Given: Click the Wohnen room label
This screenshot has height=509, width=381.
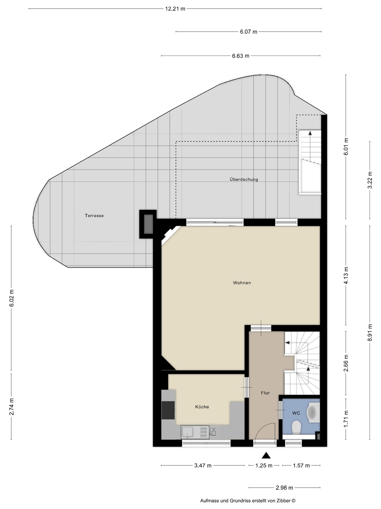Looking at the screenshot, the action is point(242,283).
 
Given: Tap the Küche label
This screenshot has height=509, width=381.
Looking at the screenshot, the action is point(202,407).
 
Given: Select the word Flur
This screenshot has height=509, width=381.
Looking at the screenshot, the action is point(265,393).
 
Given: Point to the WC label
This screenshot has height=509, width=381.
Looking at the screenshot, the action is point(296,413).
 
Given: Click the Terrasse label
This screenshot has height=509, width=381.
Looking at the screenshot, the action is point(94,215).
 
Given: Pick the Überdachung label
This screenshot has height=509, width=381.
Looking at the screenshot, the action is point(244,179).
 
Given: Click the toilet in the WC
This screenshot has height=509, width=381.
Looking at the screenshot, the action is point(296,427).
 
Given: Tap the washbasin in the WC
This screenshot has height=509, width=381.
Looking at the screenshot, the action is point(313,412).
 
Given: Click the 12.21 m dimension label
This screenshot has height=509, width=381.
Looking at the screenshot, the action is point(175,9).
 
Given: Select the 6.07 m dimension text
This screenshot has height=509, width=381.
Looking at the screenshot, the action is point(248,32).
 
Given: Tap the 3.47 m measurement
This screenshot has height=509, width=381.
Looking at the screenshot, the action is point(203,465).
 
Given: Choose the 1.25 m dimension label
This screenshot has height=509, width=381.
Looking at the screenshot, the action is point(264,465).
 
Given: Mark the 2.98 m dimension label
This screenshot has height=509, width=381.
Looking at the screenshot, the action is point(284,488).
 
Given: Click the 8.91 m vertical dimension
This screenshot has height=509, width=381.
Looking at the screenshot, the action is point(370,333).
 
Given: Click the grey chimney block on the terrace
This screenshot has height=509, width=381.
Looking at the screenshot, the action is point(148,224).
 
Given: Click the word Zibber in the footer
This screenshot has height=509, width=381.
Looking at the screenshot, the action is point(283,501).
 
